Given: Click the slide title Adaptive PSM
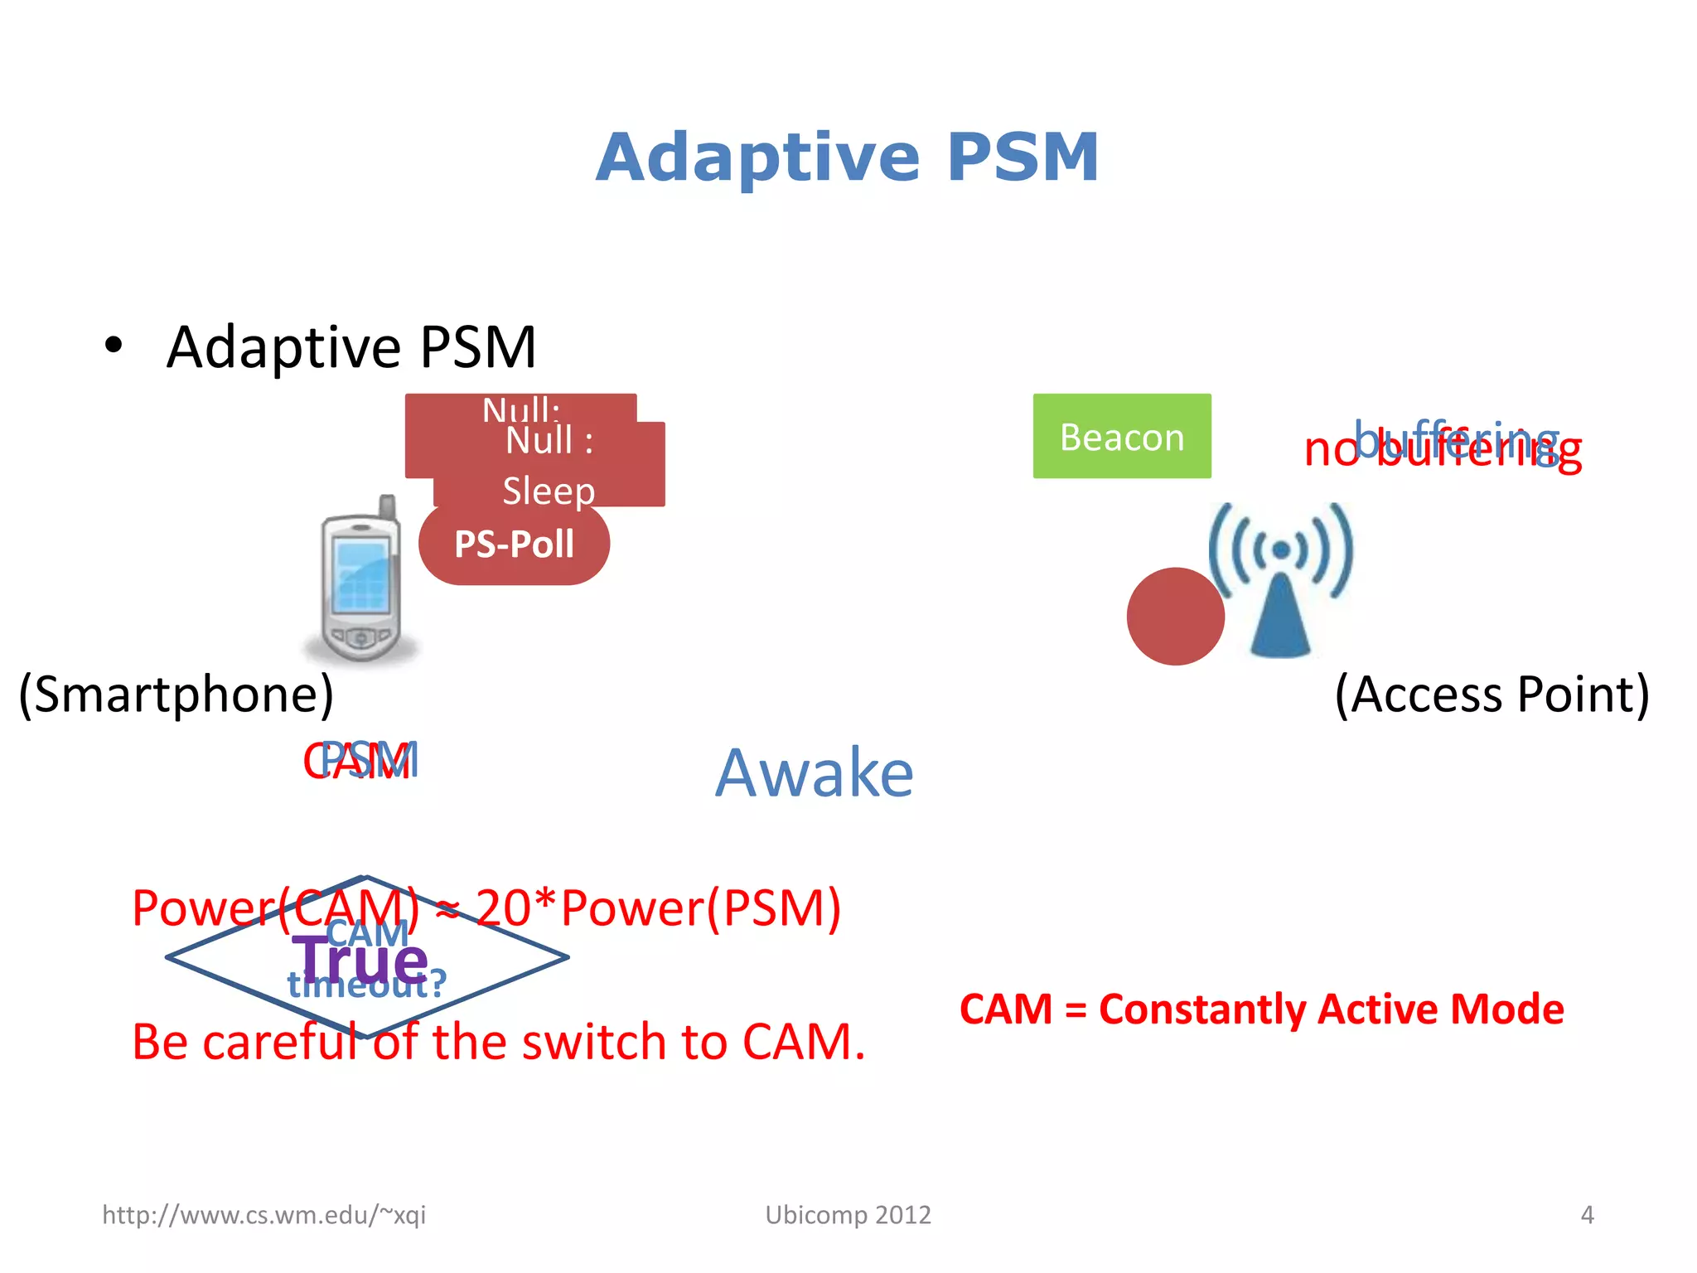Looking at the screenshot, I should [847, 157].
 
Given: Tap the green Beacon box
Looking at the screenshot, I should [1121, 436].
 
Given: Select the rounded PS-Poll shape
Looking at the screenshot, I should [514, 545].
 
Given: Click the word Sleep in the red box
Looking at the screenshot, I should [549, 491].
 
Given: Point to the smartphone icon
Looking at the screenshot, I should [361, 580].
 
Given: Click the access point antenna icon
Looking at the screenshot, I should [1281, 580].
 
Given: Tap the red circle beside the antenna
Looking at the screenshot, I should [1175, 616].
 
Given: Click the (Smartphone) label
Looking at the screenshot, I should [176, 694].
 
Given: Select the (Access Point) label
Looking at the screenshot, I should [1492, 694].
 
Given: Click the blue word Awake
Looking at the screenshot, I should [815, 772].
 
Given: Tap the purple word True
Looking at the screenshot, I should [361, 960].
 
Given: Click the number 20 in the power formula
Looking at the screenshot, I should [503, 908].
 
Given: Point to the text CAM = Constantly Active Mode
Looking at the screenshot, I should [1261, 1009].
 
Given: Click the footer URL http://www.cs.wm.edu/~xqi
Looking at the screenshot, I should [263, 1215].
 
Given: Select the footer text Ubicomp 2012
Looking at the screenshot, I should [848, 1215].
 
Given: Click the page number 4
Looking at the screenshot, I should [1587, 1215].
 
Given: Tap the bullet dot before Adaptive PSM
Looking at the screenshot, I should [114, 345].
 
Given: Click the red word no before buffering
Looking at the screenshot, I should [1331, 451].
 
